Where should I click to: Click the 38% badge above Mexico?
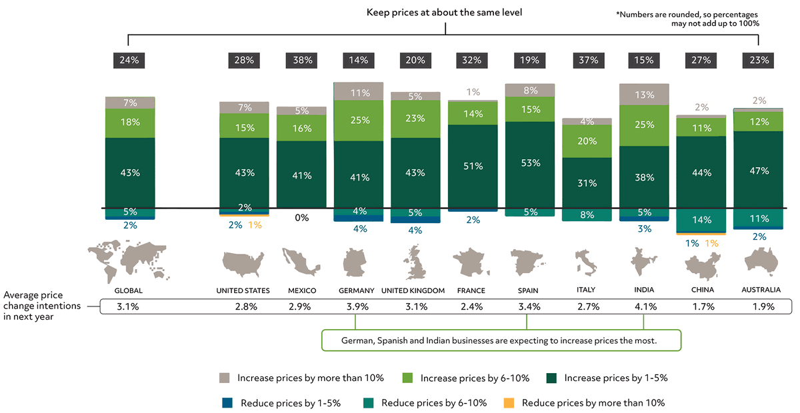301,60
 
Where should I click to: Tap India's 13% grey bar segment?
644,95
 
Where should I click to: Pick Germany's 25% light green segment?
359,121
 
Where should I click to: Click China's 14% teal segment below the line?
701,220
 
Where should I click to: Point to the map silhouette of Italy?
586,262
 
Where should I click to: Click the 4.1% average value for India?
644,307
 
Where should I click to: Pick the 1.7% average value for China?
701,307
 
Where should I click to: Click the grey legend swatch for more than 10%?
225,378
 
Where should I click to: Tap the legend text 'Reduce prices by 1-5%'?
291,402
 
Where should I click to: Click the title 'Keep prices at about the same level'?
444,13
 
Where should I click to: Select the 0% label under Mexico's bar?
301,217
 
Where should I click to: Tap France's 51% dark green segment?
472,166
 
